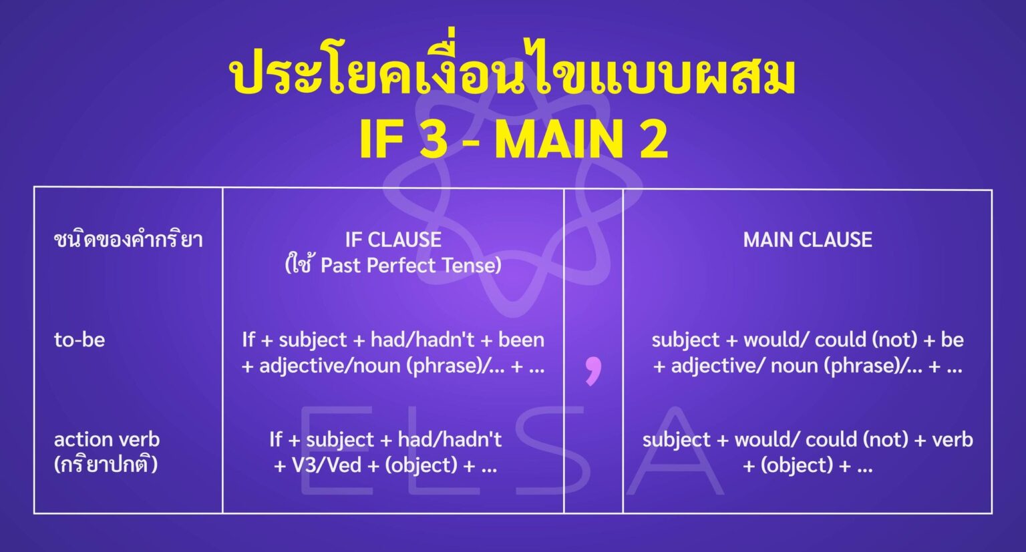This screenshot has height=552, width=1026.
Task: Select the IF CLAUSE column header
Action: tap(393, 240)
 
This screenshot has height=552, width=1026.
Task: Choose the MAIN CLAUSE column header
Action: tap(808, 240)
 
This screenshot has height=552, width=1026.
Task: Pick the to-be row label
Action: tap(79, 340)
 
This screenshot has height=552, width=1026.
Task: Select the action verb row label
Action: tap(107, 439)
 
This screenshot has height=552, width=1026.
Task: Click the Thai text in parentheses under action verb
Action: tap(106, 465)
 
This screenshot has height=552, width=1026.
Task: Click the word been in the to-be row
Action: tap(521, 340)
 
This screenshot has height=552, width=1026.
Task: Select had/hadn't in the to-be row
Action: tap(421, 340)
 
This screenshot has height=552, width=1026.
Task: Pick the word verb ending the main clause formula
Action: tap(952, 439)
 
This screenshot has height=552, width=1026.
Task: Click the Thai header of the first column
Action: tap(128, 240)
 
